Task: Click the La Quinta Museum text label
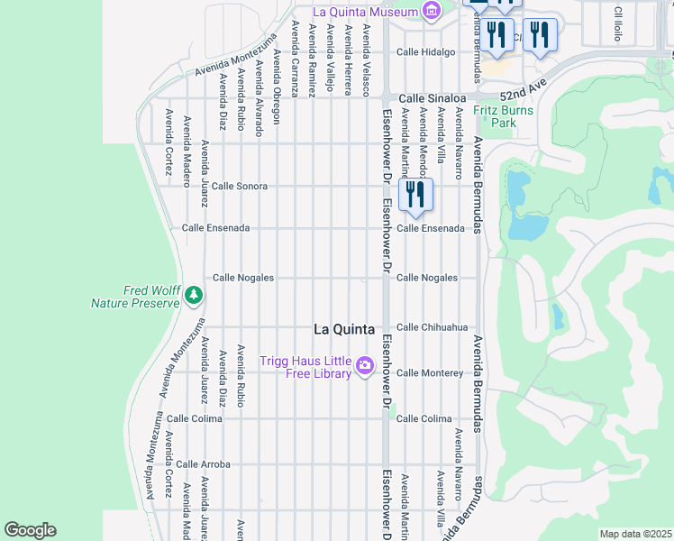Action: pos(365,12)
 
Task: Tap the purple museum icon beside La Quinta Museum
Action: pos(432,12)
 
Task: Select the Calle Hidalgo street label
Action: pos(426,52)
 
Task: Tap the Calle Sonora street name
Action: pos(239,186)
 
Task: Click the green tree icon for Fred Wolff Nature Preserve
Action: pos(193,295)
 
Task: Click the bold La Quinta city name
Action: pos(343,329)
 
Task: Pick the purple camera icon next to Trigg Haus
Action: pos(365,366)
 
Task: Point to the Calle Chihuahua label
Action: pos(433,327)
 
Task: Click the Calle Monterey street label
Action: pos(430,372)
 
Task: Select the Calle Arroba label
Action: pos(203,464)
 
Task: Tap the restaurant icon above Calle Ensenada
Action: pos(415,195)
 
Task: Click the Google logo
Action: pos(30,530)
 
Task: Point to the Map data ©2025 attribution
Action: pos(634,534)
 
